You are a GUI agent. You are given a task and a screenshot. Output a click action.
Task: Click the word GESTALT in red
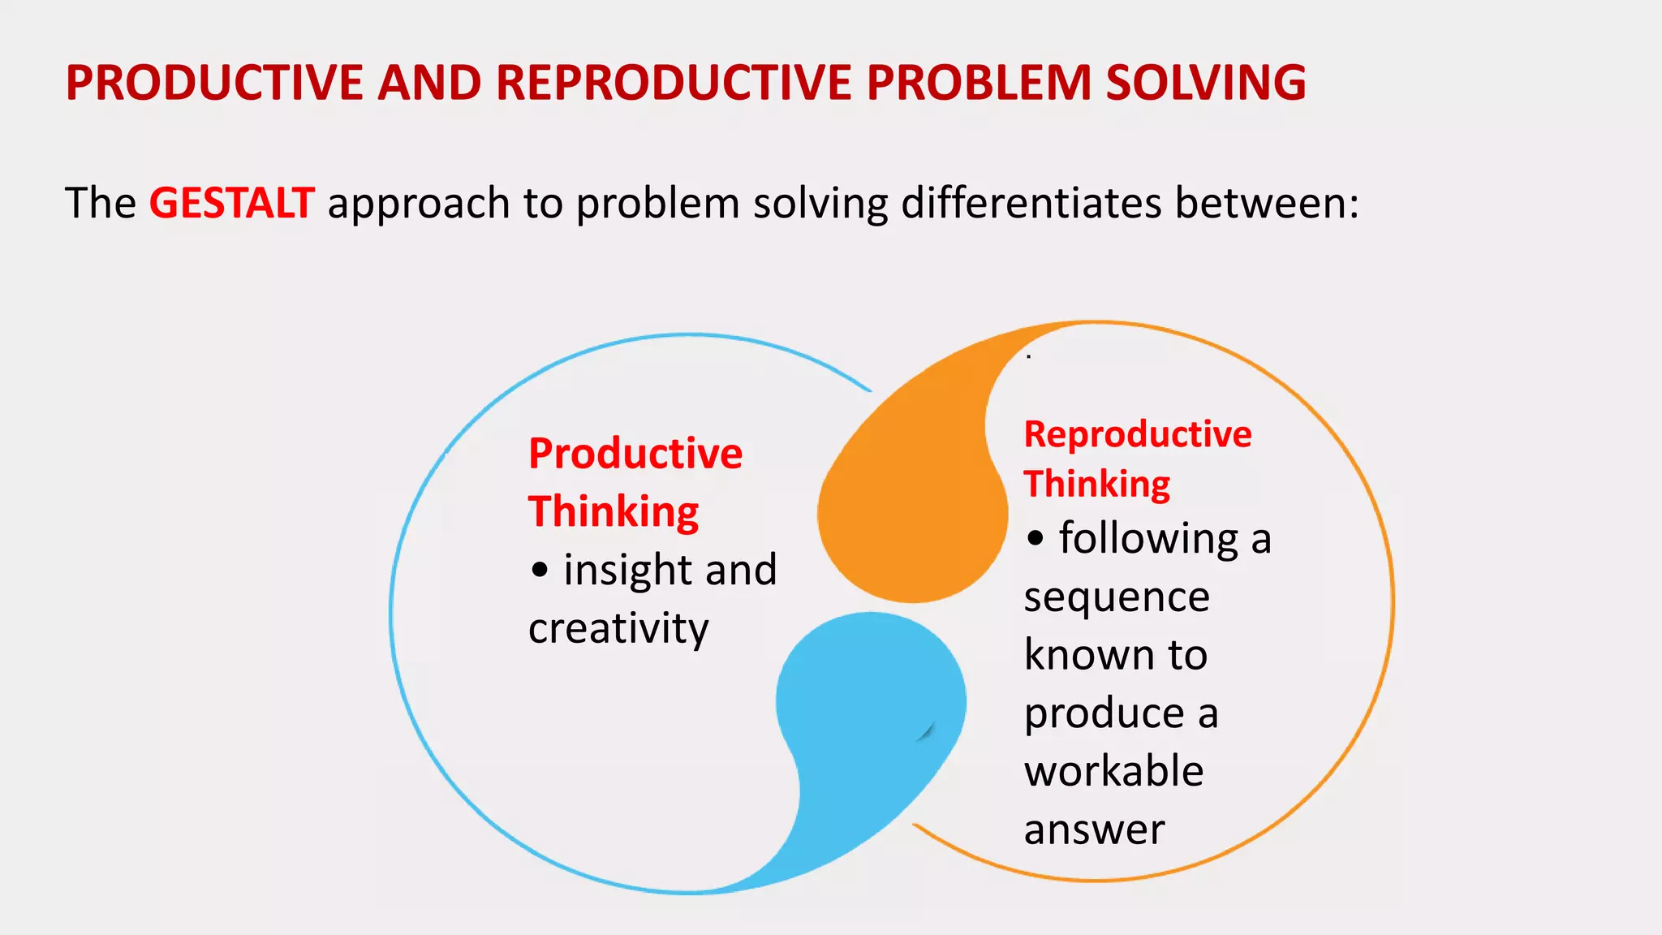[231, 203]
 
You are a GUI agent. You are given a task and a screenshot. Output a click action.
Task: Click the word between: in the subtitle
[1266, 203]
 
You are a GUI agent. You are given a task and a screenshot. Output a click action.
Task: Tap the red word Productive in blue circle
[635, 454]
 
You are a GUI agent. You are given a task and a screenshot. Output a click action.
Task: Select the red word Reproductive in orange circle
[1138, 435]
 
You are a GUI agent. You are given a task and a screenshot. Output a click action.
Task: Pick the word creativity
[618, 629]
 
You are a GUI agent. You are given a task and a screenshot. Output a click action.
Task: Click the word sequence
[1117, 598]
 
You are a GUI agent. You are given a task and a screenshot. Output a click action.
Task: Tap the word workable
[1113, 771]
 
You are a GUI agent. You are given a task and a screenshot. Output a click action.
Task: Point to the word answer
[1094, 829]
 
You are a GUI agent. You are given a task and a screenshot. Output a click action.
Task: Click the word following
[1148, 539]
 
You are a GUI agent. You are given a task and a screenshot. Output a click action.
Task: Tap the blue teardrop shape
[868, 714]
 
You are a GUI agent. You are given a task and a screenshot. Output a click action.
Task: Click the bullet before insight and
[540, 570]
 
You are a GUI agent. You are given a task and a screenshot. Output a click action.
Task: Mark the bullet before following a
[1035, 539]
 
